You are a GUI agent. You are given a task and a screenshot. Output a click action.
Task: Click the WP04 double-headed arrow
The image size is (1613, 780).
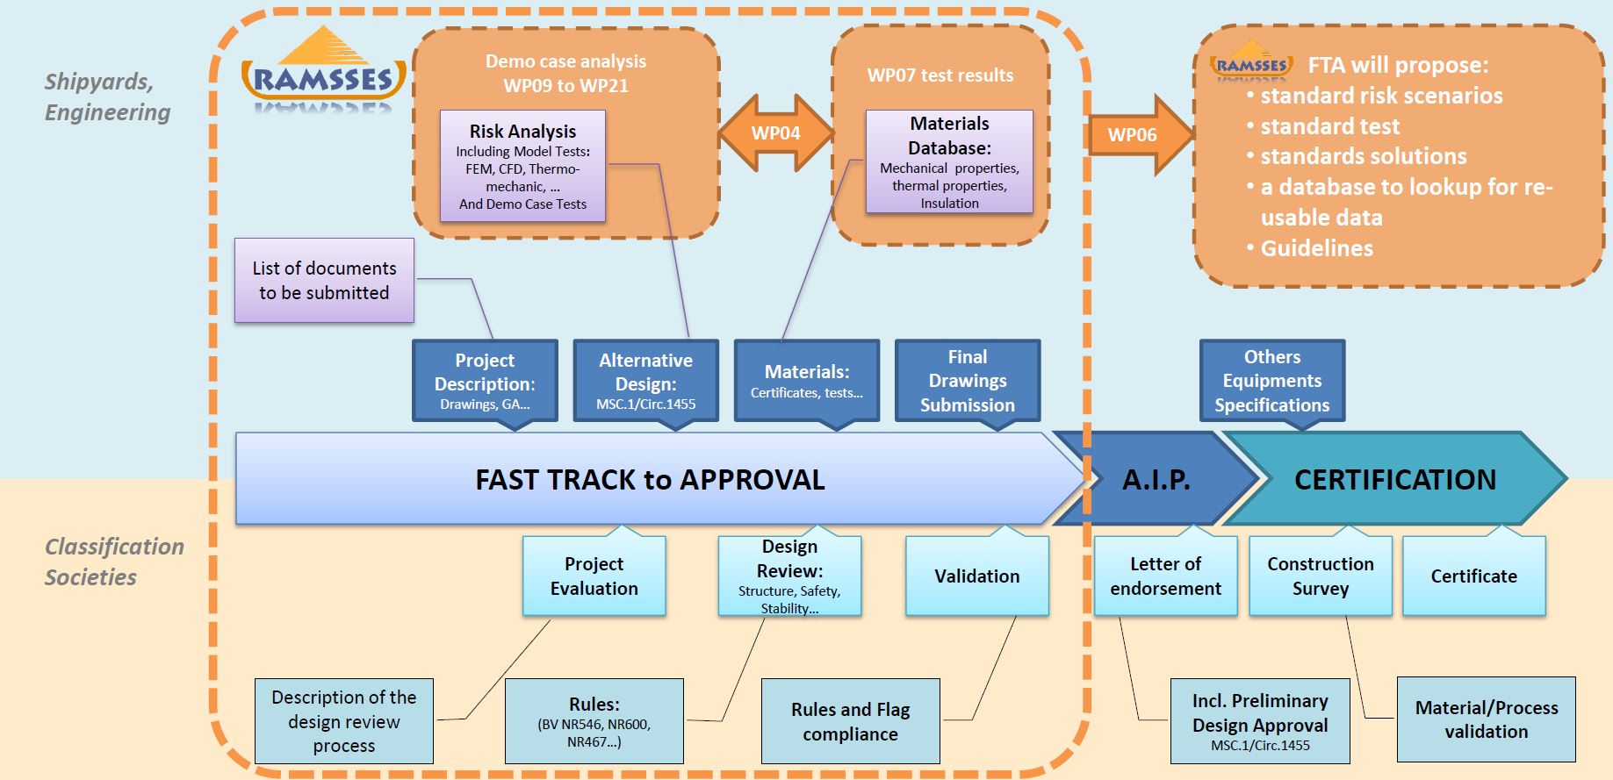click(776, 133)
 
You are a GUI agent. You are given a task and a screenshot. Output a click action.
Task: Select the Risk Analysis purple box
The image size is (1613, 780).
click(522, 166)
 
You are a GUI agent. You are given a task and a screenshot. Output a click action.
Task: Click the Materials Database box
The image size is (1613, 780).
click(949, 161)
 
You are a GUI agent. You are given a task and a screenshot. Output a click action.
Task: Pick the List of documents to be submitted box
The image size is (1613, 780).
click(324, 281)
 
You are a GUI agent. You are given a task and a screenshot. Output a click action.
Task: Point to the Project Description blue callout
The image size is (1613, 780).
click(485, 381)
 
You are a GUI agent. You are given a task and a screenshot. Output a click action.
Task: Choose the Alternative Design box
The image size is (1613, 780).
click(645, 381)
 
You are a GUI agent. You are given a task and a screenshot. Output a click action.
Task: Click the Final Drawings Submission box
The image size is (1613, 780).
click(968, 381)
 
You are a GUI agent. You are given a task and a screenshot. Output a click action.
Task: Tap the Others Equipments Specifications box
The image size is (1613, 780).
click(1271, 381)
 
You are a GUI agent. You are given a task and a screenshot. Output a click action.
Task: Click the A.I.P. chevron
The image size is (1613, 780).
click(1156, 479)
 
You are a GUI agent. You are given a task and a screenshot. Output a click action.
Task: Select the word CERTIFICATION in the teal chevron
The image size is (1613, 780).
click(1394, 479)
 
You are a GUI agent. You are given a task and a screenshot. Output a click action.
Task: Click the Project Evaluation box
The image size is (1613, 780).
click(594, 576)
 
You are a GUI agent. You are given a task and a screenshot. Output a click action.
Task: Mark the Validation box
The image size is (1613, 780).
click(976, 576)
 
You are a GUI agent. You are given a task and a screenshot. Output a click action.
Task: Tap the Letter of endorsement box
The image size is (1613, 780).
click(1165, 576)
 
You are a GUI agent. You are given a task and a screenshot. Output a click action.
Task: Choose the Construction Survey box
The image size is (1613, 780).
click(1320, 576)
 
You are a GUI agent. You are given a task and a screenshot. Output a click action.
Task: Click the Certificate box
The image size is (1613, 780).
click(1473, 576)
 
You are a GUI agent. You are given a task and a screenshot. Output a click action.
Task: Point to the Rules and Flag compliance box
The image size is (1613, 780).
click(850, 721)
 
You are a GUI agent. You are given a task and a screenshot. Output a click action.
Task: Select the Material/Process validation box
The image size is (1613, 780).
click(1486, 719)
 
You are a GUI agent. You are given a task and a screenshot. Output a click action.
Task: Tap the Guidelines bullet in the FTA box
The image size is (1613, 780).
click(1316, 248)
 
